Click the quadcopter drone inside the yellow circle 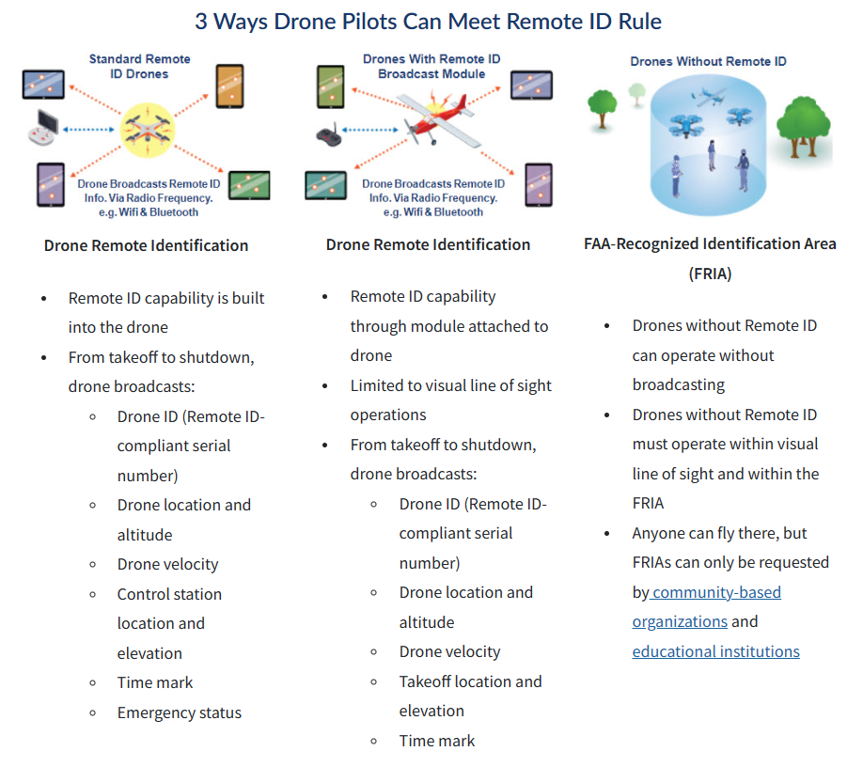[x=148, y=131]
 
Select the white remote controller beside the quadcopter [x=43, y=128]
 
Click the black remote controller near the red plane [x=329, y=134]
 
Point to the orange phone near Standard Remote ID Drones [x=229, y=86]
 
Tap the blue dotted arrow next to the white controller [x=88, y=130]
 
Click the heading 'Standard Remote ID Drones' [x=140, y=67]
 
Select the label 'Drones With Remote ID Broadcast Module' [x=431, y=67]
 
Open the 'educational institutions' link [x=715, y=651]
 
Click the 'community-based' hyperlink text [x=716, y=592]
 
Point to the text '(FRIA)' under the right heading [x=710, y=274]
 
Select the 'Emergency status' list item [x=180, y=712]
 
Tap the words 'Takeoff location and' [x=471, y=681]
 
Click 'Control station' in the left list [x=169, y=594]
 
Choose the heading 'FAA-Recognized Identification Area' [x=710, y=243]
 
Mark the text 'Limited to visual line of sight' [x=450, y=385]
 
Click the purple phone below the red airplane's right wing [x=539, y=185]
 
